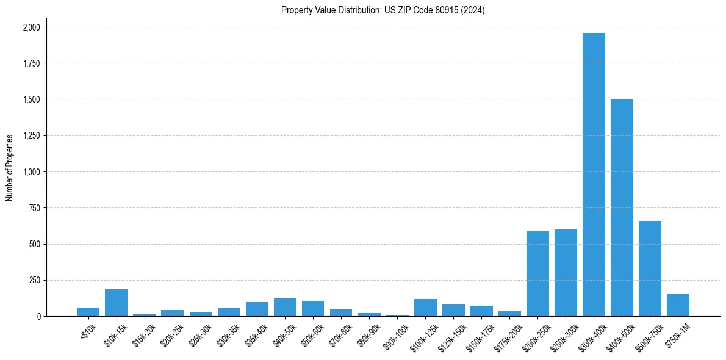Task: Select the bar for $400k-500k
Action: tap(622, 207)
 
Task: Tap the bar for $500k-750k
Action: tap(650, 268)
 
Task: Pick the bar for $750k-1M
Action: tap(678, 305)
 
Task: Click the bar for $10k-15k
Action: tap(116, 303)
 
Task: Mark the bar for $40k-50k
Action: tap(285, 308)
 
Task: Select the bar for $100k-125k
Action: tap(425, 308)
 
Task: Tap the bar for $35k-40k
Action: tap(257, 309)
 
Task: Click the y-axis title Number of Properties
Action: tap(10, 167)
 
